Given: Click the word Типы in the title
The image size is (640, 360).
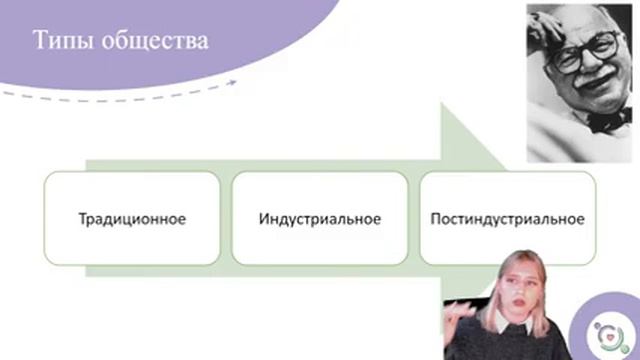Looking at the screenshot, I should pyautogui.click(x=67, y=42).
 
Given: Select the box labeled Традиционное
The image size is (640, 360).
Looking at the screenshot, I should pyautogui.click(x=130, y=218).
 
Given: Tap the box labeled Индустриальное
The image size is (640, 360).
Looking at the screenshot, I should pyautogui.click(x=319, y=218).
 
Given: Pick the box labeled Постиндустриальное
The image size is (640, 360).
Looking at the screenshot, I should pyautogui.click(x=507, y=218).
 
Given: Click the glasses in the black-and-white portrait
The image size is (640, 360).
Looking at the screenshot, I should pyautogui.click(x=579, y=50).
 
